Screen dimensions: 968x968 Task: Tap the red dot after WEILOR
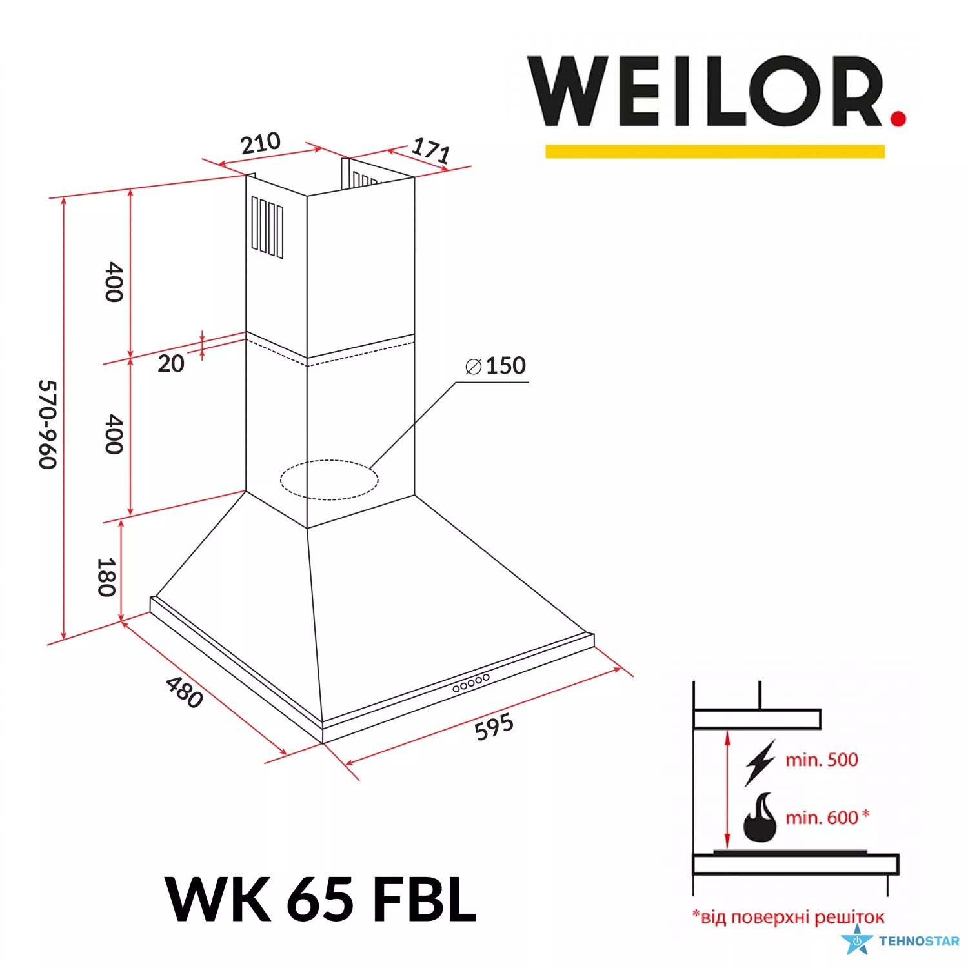(898, 117)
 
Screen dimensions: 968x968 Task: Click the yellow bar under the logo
(715, 151)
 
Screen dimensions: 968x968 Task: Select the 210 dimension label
(261, 143)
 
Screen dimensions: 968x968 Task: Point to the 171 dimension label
(431, 151)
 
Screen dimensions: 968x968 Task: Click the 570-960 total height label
(48, 425)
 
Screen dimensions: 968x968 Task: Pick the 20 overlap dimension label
(171, 363)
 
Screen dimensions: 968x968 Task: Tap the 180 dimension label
(106, 577)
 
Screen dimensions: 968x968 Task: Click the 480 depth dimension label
(185, 692)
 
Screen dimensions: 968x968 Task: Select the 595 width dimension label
(494, 727)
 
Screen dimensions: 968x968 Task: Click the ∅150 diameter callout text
(496, 366)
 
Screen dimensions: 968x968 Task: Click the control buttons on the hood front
(471, 683)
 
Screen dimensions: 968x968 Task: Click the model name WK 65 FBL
(321, 899)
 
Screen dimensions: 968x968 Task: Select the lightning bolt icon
(760, 763)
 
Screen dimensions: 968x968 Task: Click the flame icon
(760, 817)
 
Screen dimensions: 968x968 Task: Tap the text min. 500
(822, 760)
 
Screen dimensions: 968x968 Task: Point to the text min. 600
(822, 818)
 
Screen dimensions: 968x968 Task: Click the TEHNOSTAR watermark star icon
(858, 941)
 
